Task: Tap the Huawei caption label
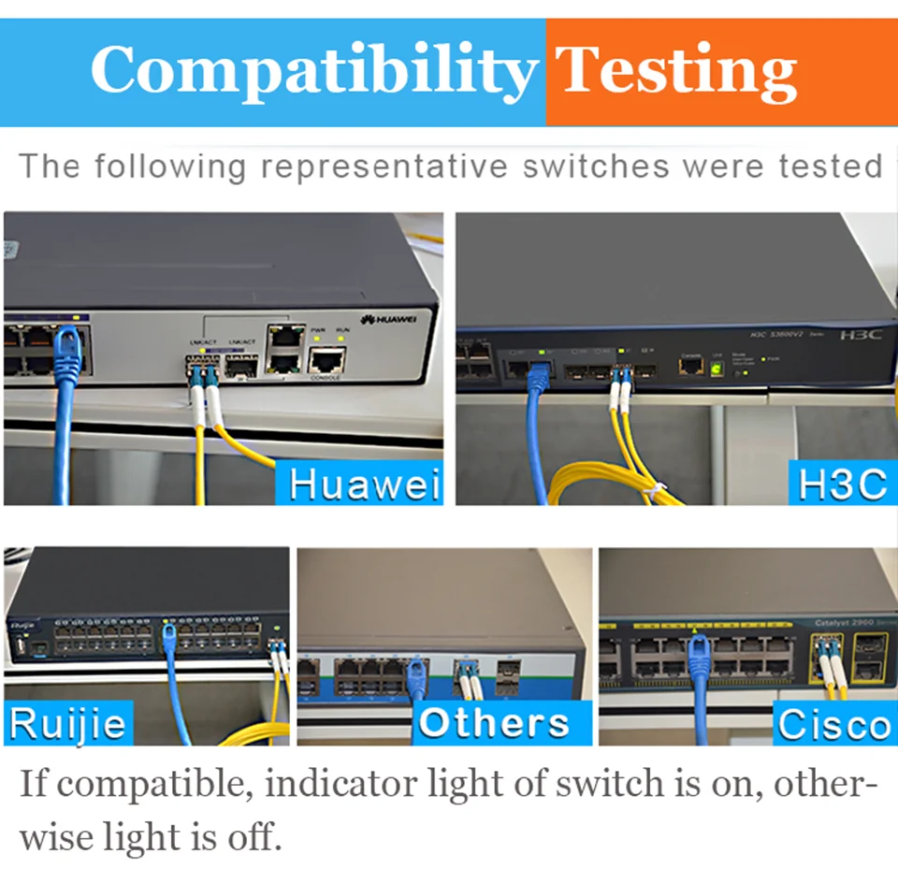pos(363,484)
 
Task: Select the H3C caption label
pos(841,484)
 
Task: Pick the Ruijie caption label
pos(67,724)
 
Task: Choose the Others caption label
pos(493,723)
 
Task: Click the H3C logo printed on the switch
pos(861,334)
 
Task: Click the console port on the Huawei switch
pos(327,358)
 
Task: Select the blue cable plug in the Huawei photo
pos(68,347)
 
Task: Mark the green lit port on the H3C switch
pos(717,369)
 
